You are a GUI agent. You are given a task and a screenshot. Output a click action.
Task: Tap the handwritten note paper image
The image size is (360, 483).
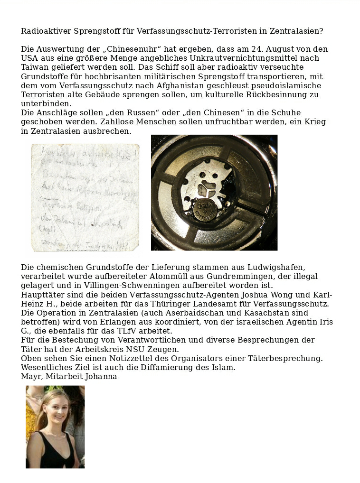[x=85, y=197]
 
